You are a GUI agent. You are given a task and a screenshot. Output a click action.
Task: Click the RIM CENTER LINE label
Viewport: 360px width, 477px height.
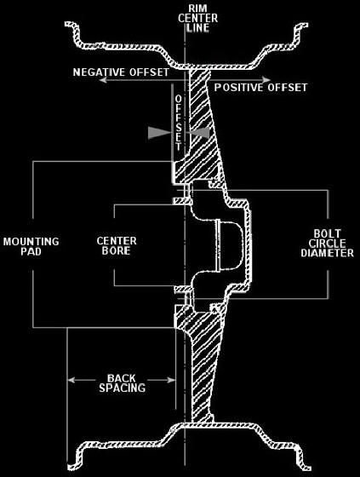click(197, 18)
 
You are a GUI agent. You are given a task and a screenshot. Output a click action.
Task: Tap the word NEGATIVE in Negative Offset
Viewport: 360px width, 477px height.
click(99, 72)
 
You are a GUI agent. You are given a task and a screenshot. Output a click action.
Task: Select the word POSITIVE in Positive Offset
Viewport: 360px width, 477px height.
click(238, 88)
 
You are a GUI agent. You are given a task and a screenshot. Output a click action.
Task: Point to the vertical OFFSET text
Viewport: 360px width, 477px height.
click(179, 123)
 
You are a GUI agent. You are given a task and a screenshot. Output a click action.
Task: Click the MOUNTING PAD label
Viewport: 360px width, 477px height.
click(31, 246)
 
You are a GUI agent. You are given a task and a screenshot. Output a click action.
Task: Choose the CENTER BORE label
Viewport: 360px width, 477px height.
click(117, 246)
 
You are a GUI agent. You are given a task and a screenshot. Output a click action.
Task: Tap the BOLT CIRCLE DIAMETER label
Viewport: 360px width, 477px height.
click(328, 244)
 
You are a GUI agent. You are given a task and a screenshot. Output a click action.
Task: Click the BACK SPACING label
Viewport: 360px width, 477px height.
click(123, 383)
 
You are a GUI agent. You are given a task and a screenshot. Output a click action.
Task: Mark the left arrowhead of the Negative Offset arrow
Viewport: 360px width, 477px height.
click(103, 80)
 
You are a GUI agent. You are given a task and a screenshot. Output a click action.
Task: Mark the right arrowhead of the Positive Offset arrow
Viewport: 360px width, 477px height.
click(266, 80)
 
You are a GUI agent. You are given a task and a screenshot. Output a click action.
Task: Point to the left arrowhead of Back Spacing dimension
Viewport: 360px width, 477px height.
click(71, 380)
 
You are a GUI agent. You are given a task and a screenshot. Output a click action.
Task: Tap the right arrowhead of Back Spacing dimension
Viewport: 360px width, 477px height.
click(171, 380)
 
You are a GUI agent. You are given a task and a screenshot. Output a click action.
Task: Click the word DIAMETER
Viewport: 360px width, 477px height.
click(328, 253)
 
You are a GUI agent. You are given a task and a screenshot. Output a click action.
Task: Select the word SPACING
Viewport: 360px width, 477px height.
click(123, 388)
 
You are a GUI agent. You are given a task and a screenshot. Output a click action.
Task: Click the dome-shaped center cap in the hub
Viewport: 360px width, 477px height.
click(231, 245)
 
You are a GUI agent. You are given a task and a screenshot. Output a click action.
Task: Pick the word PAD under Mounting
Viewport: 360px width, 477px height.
click(31, 251)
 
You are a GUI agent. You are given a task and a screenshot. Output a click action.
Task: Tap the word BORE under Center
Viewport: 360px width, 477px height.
click(116, 251)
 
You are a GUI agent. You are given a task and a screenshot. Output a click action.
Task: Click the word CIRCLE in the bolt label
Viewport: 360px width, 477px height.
click(328, 244)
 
